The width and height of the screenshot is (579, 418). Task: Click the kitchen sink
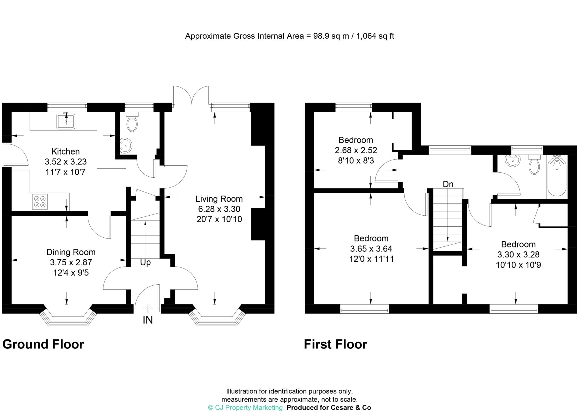pyautogui.click(x=66, y=121)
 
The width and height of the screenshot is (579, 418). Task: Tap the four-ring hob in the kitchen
pyautogui.click(x=40, y=202)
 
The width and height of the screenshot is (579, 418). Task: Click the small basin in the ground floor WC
pyautogui.click(x=126, y=146)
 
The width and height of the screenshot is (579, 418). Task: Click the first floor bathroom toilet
pyautogui.click(x=534, y=165)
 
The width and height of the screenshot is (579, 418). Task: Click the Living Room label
pyautogui.click(x=219, y=199)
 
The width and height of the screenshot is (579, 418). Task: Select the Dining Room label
pyautogui.click(x=71, y=252)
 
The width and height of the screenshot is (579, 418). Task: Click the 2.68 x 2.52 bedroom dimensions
pyautogui.click(x=356, y=150)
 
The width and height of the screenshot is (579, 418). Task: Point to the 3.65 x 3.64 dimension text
pyautogui.click(x=371, y=249)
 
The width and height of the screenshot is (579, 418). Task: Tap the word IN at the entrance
pyautogui.click(x=148, y=320)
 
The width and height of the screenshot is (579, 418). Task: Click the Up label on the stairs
pyautogui.click(x=145, y=263)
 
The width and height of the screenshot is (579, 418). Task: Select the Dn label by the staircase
pyautogui.click(x=448, y=184)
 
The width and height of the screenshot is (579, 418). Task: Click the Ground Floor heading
pyautogui.click(x=43, y=344)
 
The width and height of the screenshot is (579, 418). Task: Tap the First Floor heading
pyautogui.click(x=335, y=344)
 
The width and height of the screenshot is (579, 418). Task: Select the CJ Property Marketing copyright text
pyautogui.click(x=245, y=408)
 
